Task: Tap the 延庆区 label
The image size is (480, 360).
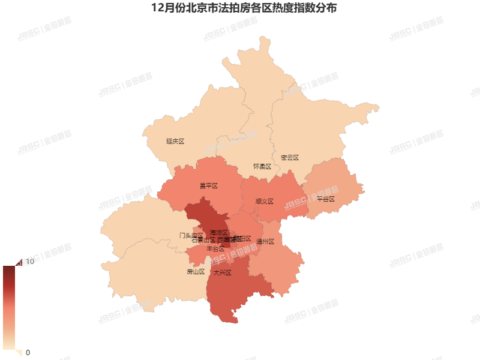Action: pos(175,142)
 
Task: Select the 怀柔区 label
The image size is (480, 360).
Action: pos(262,166)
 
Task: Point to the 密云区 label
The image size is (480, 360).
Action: pos(289,158)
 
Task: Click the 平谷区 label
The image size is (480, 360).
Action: pos(325,199)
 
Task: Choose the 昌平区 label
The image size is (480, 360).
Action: pos(208,186)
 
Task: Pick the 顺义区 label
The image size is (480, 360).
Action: pos(264,202)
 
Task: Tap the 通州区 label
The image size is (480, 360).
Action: pos(265,242)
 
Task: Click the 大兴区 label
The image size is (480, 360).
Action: pos(222,273)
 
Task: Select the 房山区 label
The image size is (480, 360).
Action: pos(196,272)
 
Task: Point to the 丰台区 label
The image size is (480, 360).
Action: pos(215,248)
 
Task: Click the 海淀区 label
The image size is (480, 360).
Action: pos(219,232)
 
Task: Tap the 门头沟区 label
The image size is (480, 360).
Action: pos(190,235)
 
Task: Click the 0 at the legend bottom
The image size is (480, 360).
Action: pos(28,352)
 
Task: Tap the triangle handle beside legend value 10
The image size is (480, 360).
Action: pos(18,262)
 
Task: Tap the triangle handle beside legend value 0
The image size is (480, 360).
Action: pos(18,352)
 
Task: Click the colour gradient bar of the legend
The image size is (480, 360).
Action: pos(8,307)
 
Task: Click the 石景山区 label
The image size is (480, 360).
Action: pos(203,240)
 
